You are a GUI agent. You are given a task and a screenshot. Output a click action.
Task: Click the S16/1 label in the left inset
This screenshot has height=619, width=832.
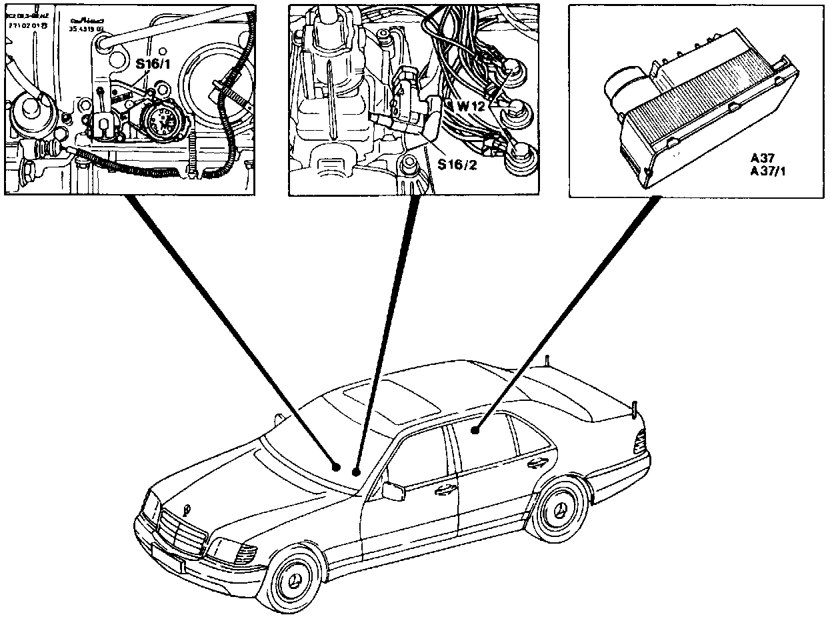tap(152, 64)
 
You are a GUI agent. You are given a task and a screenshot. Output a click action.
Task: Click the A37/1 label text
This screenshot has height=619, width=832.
tap(767, 171)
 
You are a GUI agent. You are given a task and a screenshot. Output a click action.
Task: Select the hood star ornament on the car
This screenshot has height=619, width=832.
tap(187, 510)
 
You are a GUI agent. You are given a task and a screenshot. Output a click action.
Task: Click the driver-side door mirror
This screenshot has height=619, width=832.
tap(393, 491)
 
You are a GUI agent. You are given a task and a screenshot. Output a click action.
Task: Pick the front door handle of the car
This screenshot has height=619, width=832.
tap(443, 491)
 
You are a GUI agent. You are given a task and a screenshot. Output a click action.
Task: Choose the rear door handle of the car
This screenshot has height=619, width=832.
tap(535, 463)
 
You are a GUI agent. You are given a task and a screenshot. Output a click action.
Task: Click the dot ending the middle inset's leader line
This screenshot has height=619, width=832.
tap(357, 472)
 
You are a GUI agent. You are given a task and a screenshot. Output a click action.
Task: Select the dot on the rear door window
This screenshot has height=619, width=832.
tap(476, 430)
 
